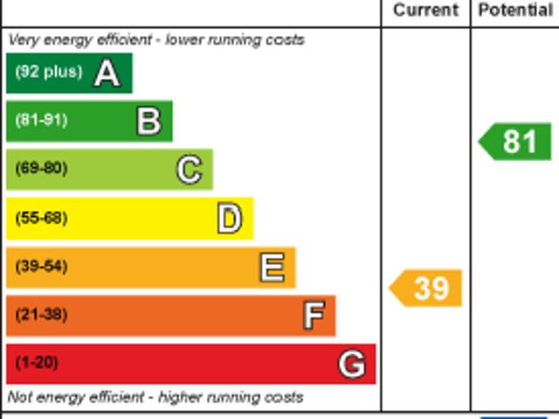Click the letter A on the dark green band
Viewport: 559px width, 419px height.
(107, 73)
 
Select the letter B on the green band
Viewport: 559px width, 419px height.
(148, 121)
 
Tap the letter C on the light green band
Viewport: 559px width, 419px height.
(189, 170)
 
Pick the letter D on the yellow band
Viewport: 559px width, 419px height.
(229, 219)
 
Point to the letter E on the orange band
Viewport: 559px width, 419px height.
(272, 267)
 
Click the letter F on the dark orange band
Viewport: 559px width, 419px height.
(313, 315)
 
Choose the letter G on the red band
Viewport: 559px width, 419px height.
(351, 363)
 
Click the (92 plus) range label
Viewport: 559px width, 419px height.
(48, 73)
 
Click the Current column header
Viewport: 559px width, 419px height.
(425, 10)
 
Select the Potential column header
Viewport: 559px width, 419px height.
(515, 10)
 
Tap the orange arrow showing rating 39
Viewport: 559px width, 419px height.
(426, 288)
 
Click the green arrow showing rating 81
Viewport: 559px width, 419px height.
(516, 142)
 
